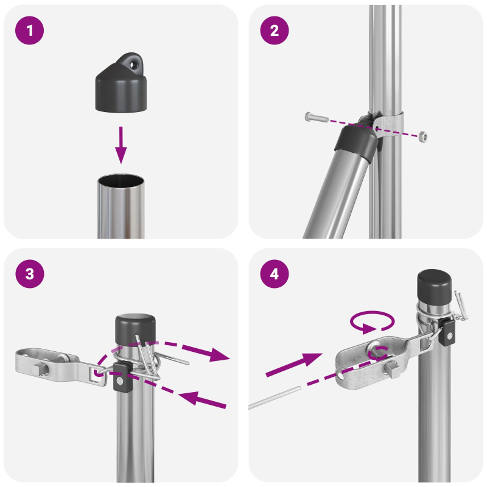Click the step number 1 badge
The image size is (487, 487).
click(x=30, y=31)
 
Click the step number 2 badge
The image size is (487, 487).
click(x=275, y=31)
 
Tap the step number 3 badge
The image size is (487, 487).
click(x=30, y=275)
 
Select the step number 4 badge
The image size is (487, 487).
click(x=275, y=275)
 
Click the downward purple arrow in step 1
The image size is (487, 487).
click(x=122, y=144)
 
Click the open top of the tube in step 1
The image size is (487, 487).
click(x=121, y=181)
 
